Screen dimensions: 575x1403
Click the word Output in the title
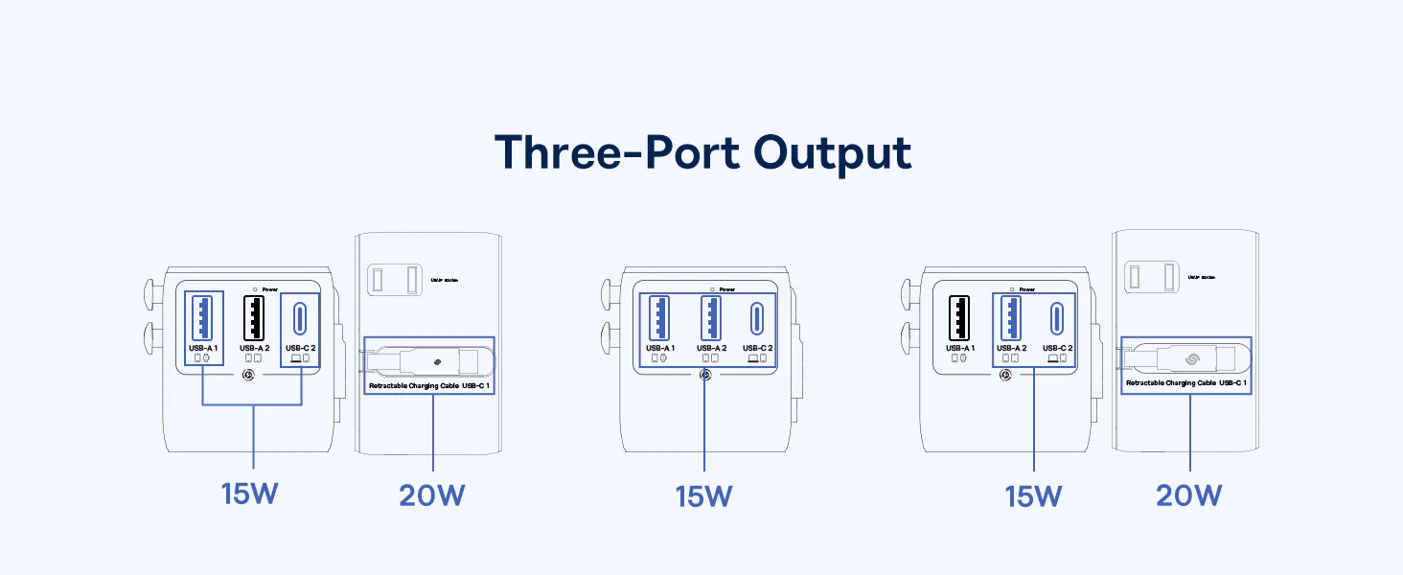[832, 152]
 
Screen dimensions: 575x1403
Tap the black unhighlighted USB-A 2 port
[253, 317]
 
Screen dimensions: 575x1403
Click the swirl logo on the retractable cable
[1194, 360]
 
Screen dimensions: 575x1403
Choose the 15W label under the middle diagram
[703, 496]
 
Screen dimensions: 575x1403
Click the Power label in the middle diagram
[727, 289]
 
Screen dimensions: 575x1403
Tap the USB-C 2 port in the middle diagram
[757, 317]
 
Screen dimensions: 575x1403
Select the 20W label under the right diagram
[1189, 496]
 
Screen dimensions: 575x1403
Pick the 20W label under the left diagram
[432, 496]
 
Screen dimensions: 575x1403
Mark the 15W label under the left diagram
[251, 495]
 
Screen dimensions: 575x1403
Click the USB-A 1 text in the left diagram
[204, 348]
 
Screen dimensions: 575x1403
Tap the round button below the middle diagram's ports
[705, 375]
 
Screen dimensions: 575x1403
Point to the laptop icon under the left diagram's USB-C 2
[295, 358]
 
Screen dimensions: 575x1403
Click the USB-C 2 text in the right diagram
[1057, 348]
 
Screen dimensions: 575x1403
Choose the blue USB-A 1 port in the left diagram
[204, 317]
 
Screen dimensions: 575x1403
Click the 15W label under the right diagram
[1033, 496]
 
